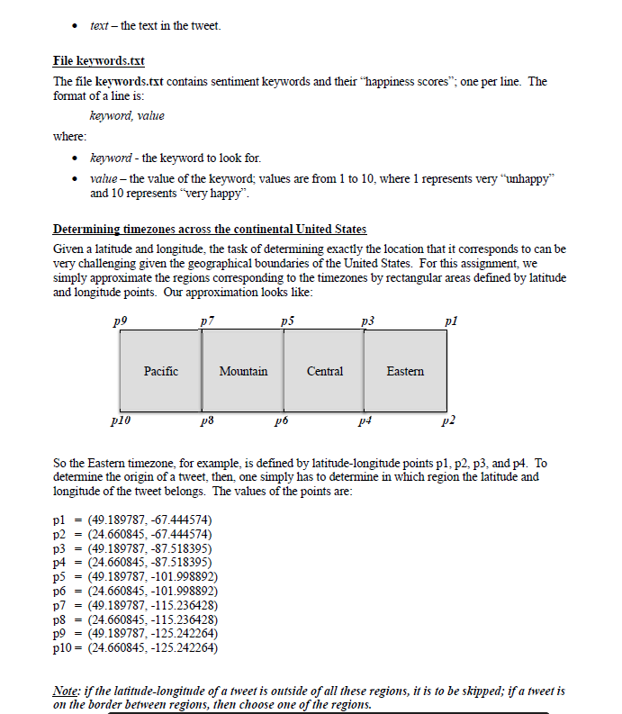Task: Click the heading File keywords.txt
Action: point(99,61)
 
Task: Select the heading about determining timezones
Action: point(210,230)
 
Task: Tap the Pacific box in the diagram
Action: point(161,371)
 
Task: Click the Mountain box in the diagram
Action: point(243,371)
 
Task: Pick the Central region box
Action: point(325,371)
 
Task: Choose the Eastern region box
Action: point(405,371)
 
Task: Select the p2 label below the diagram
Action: point(449,420)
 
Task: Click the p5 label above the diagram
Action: point(286,320)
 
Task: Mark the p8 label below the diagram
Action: point(207,420)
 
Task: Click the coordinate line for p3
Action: point(133,547)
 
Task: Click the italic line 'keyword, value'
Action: point(127,115)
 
